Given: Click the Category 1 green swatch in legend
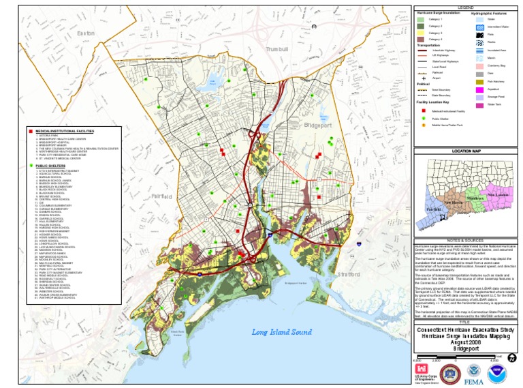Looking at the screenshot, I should click(421, 20).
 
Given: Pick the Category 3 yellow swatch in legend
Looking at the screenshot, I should click(421, 33).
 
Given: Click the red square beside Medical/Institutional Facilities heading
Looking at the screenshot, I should click(31, 130).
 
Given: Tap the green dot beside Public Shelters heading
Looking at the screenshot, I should click(31, 165).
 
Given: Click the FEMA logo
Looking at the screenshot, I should click(473, 373).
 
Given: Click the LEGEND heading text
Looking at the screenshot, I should click(466, 7).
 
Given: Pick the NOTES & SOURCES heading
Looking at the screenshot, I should click(466, 240).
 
